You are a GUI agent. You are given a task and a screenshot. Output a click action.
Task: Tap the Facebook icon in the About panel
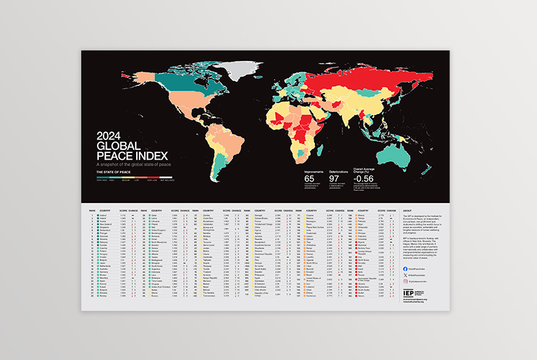(410, 261)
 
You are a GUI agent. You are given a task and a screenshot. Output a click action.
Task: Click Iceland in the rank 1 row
(103, 215)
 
